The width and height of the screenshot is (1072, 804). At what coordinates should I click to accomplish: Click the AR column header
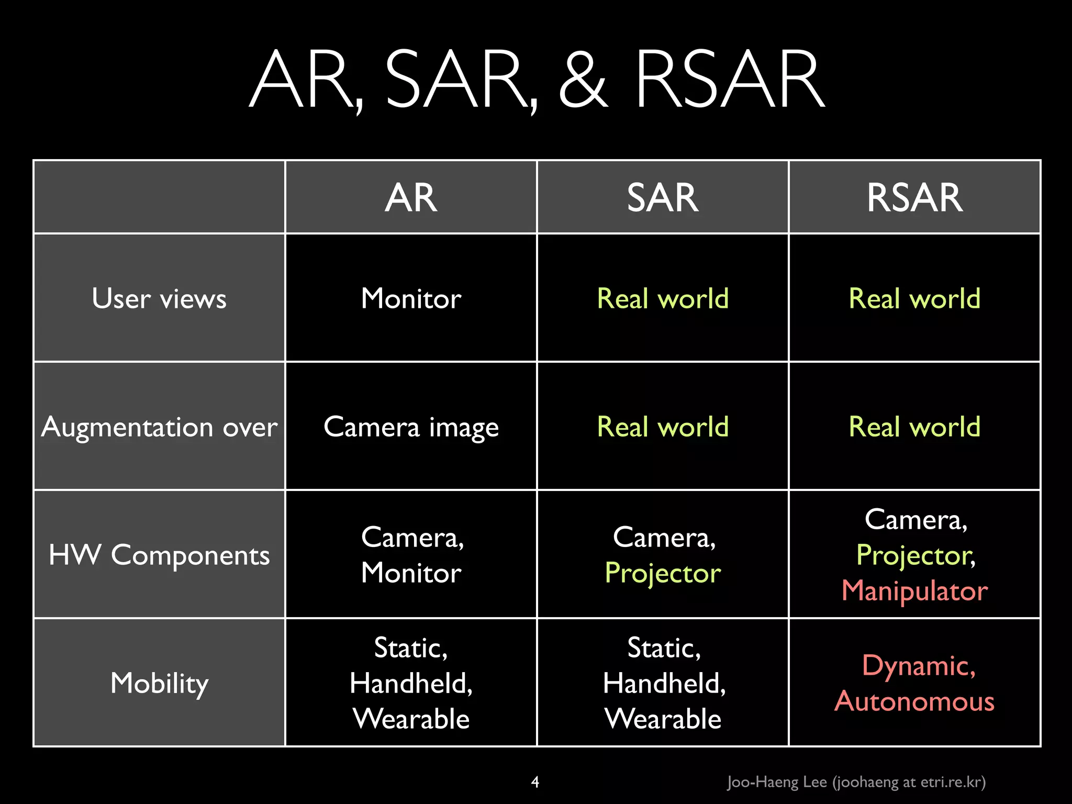pos(411,198)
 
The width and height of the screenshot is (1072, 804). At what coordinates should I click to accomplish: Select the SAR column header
pos(662,198)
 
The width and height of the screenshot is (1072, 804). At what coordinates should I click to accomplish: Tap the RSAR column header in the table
pos(914,198)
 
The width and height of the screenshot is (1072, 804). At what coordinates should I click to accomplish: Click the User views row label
pos(159,298)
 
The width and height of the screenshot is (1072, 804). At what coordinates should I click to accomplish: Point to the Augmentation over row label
pos(159,427)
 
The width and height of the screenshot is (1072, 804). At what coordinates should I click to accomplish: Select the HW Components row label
pos(159,555)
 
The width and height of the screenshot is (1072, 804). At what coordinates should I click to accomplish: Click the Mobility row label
pos(159,683)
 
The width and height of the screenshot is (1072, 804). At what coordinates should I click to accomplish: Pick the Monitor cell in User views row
pos(411,298)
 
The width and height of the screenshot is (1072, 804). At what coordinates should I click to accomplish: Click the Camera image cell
pos(411,427)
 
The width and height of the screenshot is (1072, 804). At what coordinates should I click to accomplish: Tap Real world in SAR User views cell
pos(662,298)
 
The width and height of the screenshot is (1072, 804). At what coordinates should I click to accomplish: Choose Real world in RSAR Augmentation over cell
pos(914,427)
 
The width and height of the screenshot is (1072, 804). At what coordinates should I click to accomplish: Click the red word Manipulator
pos(914,591)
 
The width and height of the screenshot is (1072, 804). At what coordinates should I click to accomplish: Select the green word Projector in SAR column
pos(662,573)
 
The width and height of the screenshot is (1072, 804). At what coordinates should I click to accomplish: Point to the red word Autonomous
pos(914,701)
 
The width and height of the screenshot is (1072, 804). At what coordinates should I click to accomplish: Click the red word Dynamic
pos(918,666)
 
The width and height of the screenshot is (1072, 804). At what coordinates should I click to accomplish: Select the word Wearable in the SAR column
pos(662,719)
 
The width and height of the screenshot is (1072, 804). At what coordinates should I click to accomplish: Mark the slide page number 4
pos(535,782)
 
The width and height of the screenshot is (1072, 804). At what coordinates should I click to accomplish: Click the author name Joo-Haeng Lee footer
pos(777,782)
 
